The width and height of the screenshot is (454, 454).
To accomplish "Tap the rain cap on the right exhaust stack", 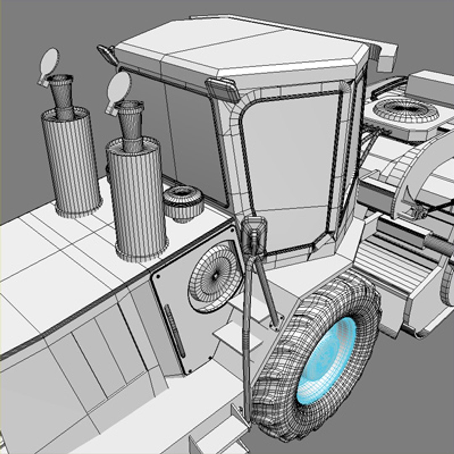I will click(x=119, y=86).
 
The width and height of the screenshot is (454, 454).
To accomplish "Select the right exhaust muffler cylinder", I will click(x=137, y=198).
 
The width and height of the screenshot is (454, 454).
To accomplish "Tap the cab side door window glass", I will click(x=290, y=168).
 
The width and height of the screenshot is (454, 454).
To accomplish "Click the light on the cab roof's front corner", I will click(x=222, y=88).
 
